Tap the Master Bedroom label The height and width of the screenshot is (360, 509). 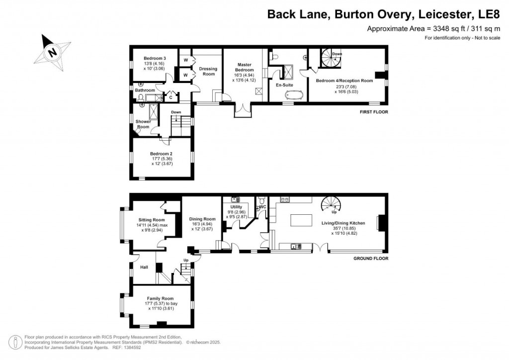point(244,68)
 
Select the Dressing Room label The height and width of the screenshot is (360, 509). point(206,71)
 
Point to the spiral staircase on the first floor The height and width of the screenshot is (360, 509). point(331,58)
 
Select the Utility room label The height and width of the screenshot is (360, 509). point(236,206)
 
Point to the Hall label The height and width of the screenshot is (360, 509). point(144,267)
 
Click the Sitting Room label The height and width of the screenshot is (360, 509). point(151,220)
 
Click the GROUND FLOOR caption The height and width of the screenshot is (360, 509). point(370,259)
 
